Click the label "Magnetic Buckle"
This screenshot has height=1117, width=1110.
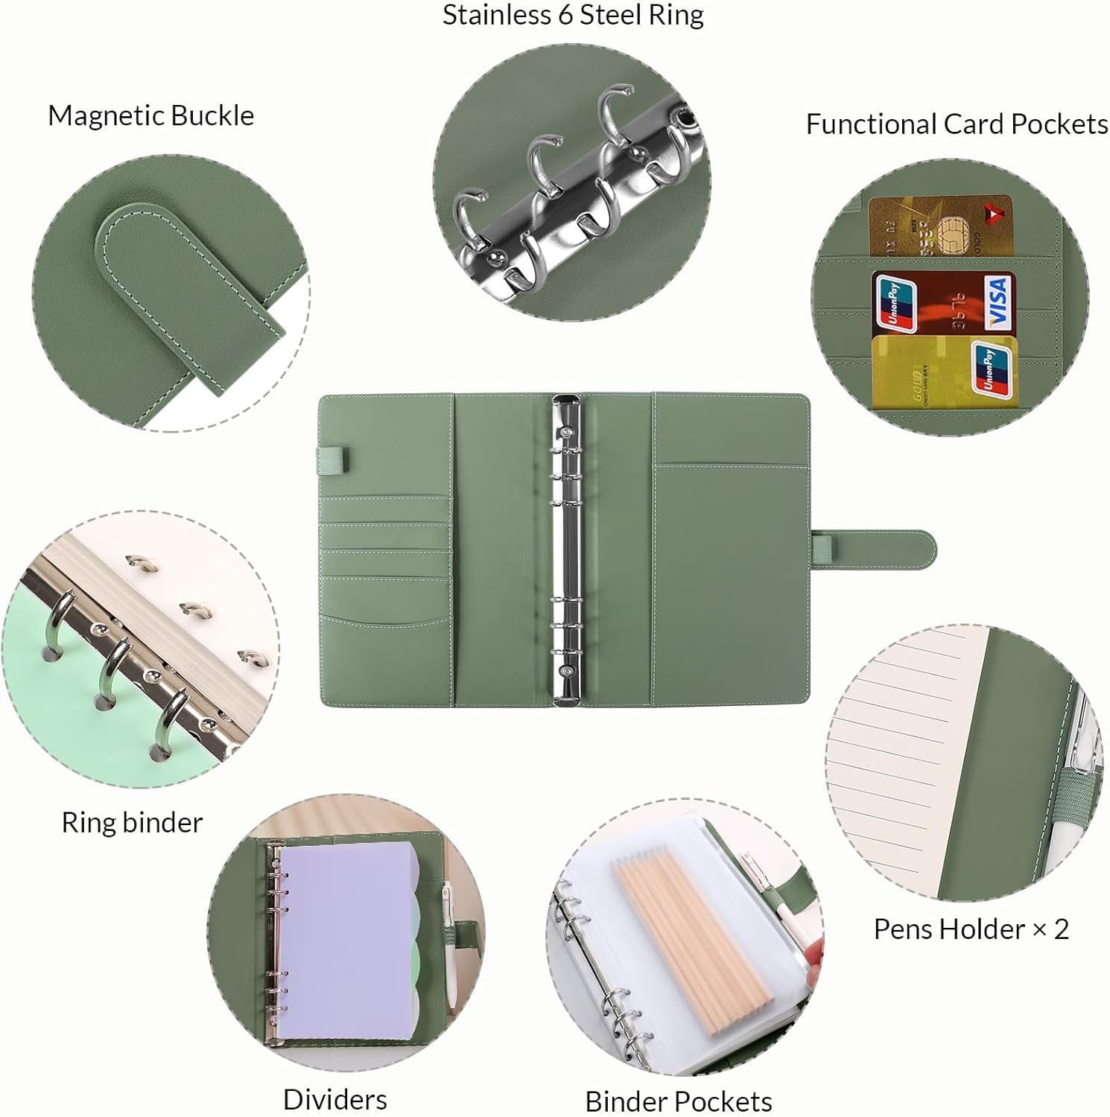(x=151, y=115)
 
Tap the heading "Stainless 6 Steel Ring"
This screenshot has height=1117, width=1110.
(x=573, y=15)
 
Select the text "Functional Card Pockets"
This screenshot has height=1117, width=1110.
(x=957, y=124)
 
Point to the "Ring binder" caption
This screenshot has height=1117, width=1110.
(x=132, y=822)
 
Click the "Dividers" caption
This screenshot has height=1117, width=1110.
(x=334, y=1099)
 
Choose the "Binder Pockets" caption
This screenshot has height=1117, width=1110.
(x=678, y=1101)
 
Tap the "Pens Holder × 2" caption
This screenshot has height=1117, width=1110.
(x=971, y=929)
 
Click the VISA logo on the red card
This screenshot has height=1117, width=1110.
(x=998, y=302)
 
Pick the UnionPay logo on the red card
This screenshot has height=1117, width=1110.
(x=895, y=302)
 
